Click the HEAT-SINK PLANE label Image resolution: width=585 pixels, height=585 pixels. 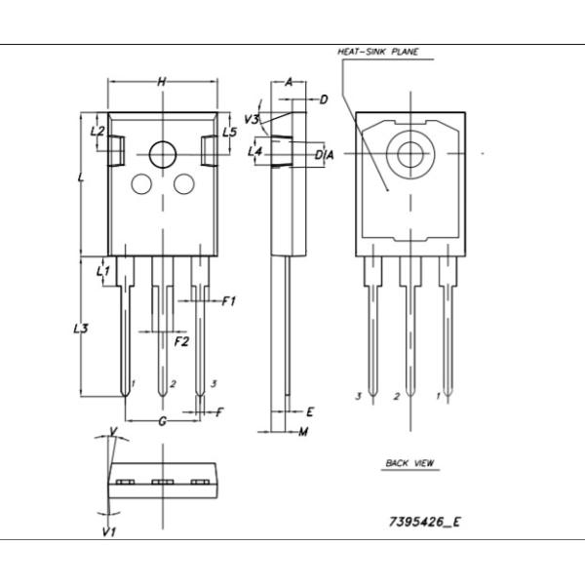coord(377,52)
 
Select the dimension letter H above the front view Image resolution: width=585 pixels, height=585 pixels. coord(162,82)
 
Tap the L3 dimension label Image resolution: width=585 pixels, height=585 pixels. coord(81,329)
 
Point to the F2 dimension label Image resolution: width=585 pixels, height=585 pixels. coord(181,341)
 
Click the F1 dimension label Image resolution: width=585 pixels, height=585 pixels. coord(229,301)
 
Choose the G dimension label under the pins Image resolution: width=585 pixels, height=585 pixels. coord(163,421)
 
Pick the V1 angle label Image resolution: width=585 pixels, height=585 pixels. coord(109,532)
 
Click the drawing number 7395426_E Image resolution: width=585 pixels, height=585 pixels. coord(424,522)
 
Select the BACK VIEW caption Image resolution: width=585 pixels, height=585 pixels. coord(409,463)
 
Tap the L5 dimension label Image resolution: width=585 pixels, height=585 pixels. coord(229,132)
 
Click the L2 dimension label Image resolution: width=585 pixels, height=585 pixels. coord(97,131)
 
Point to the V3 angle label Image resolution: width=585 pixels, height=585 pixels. coord(252,119)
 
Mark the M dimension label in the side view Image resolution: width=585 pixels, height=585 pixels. coord(303,432)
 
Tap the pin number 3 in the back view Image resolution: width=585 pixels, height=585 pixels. coord(358,396)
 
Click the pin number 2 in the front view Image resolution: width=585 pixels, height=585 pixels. coord(173,383)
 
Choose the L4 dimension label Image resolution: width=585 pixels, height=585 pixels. coord(255,151)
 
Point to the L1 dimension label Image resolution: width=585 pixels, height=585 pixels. coord(103,271)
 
